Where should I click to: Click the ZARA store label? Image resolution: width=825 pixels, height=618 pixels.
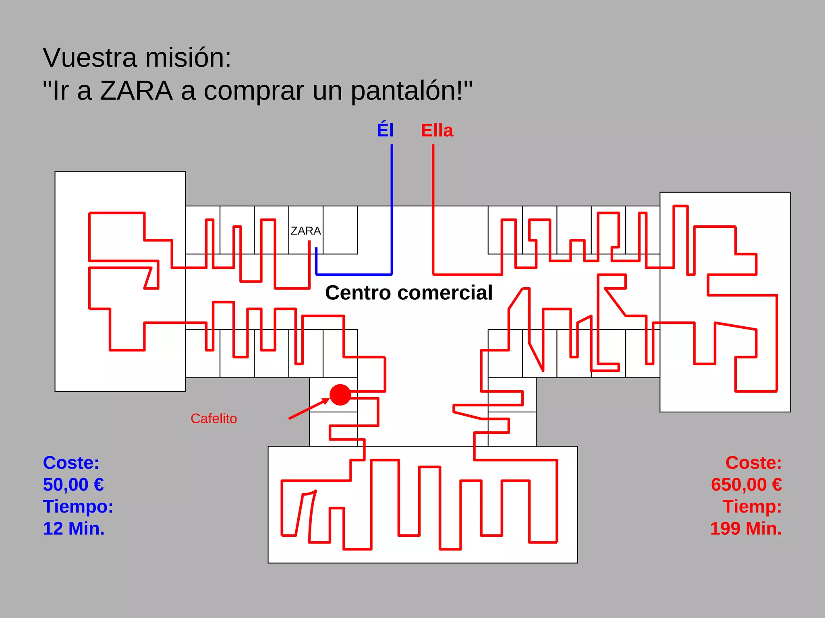[x=306, y=231]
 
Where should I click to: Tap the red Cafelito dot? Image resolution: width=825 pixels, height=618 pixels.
[x=340, y=395]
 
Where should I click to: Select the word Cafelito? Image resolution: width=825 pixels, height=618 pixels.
[x=214, y=418]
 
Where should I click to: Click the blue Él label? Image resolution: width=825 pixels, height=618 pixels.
[x=385, y=130]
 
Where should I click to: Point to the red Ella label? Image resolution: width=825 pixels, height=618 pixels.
[x=437, y=130]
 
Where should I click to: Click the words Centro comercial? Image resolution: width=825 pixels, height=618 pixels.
[x=408, y=293]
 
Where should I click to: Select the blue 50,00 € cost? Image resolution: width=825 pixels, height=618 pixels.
[x=73, y=484]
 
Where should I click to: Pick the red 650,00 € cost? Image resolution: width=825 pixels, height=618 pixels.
[x=746, y=484]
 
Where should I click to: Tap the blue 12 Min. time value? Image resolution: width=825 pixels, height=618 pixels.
[x=74, y=528]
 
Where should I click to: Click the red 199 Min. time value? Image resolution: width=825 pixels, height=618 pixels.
[x=746, y=528]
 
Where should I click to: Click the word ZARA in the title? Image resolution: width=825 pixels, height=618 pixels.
[x=136, y=91]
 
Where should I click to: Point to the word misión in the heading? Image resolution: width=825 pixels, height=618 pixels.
[x=188, y=58]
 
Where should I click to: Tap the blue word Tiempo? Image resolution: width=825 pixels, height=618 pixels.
[x=78, y=507]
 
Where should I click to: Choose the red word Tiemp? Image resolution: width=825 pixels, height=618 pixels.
[x=752, y=507]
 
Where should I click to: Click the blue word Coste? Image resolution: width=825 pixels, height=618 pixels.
[x=71, y=463]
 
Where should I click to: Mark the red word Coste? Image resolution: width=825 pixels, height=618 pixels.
[x=753, y=463]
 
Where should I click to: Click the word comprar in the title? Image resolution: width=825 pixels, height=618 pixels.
[x=254, y=91]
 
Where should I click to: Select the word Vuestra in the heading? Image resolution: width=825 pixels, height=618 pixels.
[x=90, y=58]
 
